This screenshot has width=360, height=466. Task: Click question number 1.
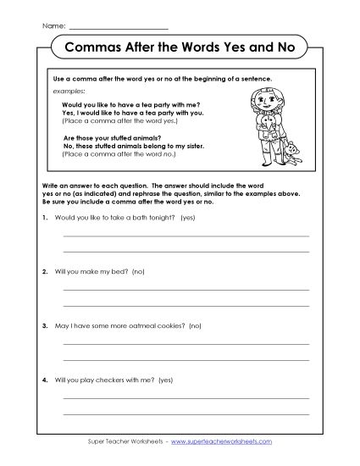pyautogui.click(x=43, y=219)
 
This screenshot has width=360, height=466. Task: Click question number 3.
pyautogui.click(x=43, y=325)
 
